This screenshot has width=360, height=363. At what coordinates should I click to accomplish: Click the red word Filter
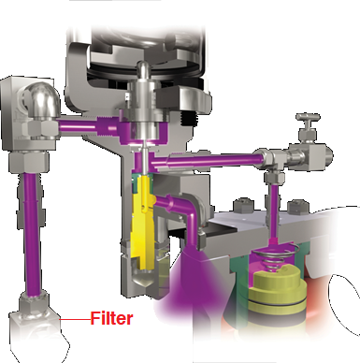click(112, 318)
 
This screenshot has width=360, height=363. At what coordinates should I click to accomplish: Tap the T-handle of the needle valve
click(308, 118)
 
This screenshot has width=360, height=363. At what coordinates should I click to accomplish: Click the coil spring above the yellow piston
click(275, 255)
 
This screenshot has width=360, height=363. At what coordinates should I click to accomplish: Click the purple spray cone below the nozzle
click(190, 281)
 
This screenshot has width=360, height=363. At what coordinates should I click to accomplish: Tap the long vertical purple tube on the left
click(32, 235)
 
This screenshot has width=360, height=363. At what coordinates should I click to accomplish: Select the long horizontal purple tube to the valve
click(213, 159)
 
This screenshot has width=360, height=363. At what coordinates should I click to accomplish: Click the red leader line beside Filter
click(75, 319)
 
